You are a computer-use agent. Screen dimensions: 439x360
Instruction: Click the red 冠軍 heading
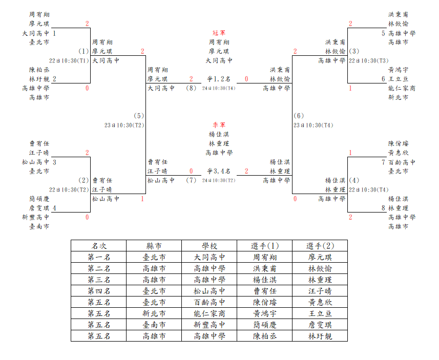pyautogui.click(x=219, y=33)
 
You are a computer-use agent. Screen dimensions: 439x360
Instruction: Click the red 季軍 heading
pyautogui.click(x=219, y=125)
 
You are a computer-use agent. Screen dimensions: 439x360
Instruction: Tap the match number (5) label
pyautogui.click(x=139, y=116)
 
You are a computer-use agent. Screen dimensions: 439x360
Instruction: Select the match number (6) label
pyautogui.click(x=299, y=116)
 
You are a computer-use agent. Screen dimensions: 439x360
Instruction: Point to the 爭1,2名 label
pyautogui.click(x=219, y=79)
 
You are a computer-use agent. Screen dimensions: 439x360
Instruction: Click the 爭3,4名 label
pyautogui.click(x=219, y=172)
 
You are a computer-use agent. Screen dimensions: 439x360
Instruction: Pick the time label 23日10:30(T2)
pyautogui.click(x=124, y=125)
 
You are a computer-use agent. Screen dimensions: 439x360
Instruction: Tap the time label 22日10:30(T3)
pyautogui.click(x=369, y=61)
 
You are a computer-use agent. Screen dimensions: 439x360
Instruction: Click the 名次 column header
pyautogui.click(x=99, y=246)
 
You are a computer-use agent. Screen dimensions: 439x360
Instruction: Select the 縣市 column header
pyautogui.click(x=154, y=246)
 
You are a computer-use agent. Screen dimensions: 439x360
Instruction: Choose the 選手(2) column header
pyautogui.click(x=320, y=246)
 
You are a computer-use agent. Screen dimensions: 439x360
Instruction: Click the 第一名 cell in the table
pyautogui.click(x=99, y=257)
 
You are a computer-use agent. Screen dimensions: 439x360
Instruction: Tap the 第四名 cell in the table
pyautogui.click(x=99, y=291)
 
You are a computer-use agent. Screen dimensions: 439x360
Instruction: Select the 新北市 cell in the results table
pyautogui.click(x=154, y=313)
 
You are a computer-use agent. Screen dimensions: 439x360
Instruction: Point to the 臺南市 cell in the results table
pyautogui.click(x=154, y=325)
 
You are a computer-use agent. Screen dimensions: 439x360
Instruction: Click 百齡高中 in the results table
pyautogui.click(x=210, y=302)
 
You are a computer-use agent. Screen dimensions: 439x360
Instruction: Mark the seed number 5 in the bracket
pyautogui.click(x=383, y=33)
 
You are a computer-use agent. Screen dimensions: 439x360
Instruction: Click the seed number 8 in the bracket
pyautogui.click(x=383, y=208)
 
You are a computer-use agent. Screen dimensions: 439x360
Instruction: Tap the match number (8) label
pyautogui.click(x=191, y=88)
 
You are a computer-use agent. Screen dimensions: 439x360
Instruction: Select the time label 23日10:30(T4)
pyautogui.click(x=313, y=125)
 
